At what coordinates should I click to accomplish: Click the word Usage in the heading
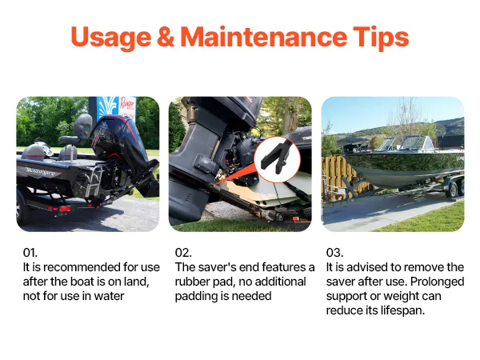pos(111,38)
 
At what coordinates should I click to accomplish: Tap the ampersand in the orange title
pos(166,37)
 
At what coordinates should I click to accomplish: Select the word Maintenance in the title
pos(263,37)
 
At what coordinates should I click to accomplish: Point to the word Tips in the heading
pos(381,38)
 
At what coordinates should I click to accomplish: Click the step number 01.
pos(30,253)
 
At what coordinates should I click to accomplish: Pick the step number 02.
pos(183,253)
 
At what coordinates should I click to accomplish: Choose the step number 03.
pos(334,253)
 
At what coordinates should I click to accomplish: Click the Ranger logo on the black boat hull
pos(39,172)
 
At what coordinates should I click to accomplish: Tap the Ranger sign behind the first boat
pos(126,108)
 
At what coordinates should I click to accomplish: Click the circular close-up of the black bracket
pos(277,160)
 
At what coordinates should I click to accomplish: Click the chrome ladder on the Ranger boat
pos(94,182)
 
